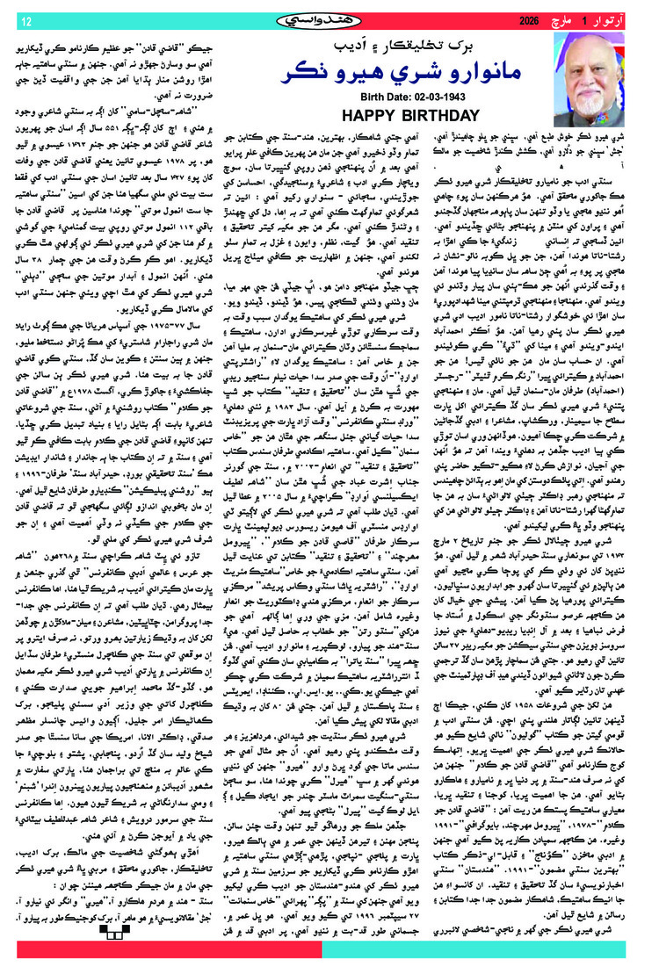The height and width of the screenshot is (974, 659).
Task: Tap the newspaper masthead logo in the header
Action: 328,18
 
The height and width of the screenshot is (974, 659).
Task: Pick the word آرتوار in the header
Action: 625,19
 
